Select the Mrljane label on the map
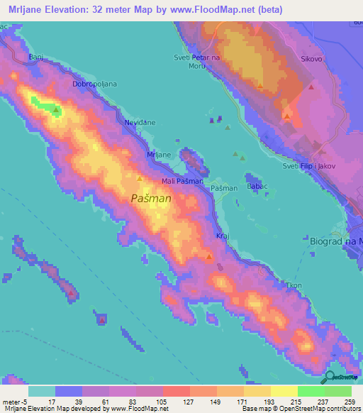(x=158, y=155)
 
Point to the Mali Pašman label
(x=183, y=182)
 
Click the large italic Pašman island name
(x=151, y=199)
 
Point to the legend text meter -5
(x=15, y=402)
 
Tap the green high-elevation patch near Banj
(x=49, y=109)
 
